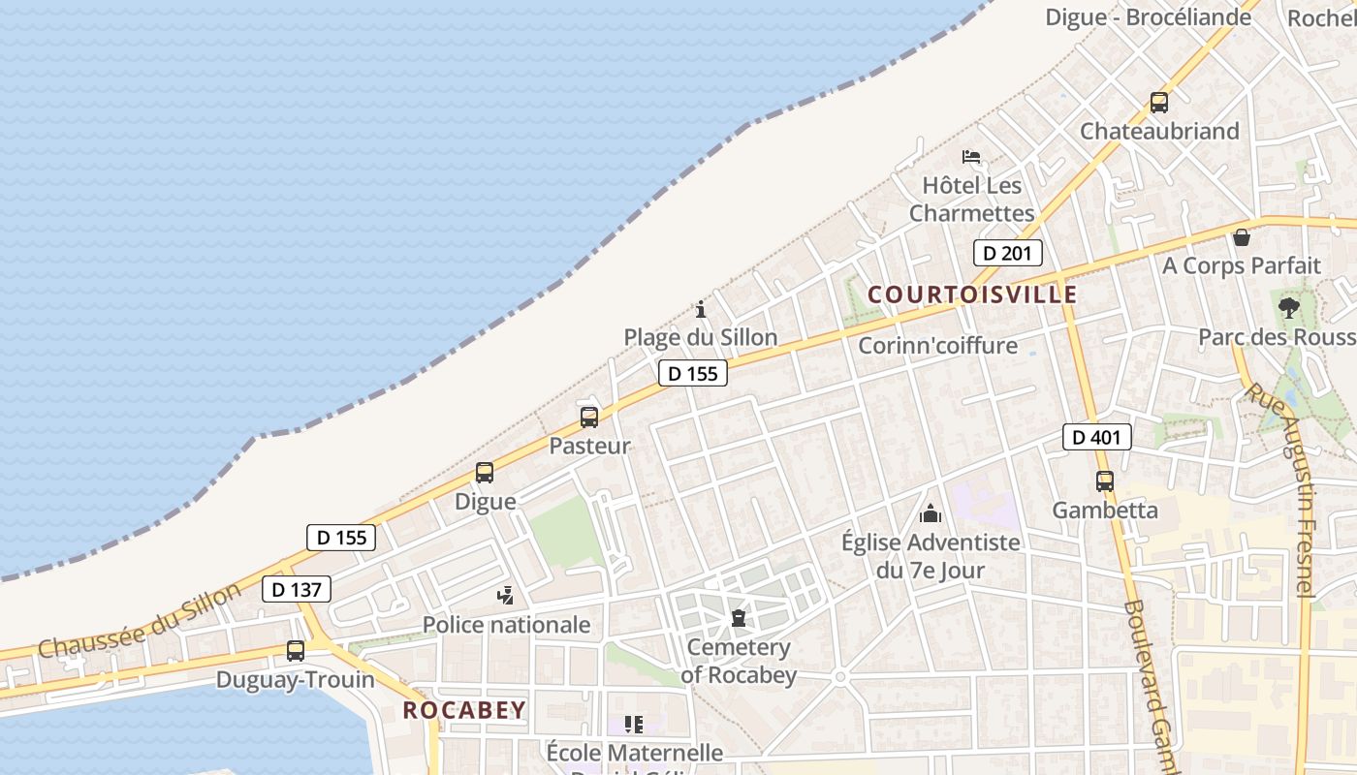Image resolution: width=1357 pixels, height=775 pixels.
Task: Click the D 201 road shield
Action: (x=1007, y=253)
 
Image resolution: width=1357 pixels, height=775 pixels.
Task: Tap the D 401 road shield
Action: (x=1096, y=437)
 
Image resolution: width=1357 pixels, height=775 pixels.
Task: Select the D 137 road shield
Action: (x=296, y=588)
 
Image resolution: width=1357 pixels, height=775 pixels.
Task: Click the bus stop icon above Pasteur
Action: (x=588, y=418)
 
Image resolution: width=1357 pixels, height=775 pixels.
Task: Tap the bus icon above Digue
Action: (x=484, y=473)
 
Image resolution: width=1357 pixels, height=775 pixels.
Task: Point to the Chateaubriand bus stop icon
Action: (x=1158, y=103)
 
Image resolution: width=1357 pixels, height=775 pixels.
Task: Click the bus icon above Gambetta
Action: (x=1104, y=480)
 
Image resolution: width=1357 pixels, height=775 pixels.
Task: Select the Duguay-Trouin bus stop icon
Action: (x=295, y=651)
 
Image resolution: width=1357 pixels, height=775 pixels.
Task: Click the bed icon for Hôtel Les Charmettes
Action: (x=971, y=156)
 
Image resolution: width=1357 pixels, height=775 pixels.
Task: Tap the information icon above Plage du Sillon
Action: (x=701, y=310)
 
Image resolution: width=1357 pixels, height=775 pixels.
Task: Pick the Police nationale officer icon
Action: (x=505, y=596)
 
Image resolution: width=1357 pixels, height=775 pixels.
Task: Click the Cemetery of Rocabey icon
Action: (x=739, y=618)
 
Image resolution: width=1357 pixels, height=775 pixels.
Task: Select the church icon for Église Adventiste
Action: (x=931, y=513)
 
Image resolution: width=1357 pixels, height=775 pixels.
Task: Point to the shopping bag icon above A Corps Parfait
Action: (x=1241, y=237)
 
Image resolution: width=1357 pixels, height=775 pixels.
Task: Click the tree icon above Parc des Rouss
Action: (x=1288, y=309)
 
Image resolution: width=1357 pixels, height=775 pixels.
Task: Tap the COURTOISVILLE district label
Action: (x=972, y=294)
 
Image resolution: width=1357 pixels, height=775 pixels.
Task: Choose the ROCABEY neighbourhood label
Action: (x=464, y=710)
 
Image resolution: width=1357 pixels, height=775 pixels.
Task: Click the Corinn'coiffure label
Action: (x=937, y=345)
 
